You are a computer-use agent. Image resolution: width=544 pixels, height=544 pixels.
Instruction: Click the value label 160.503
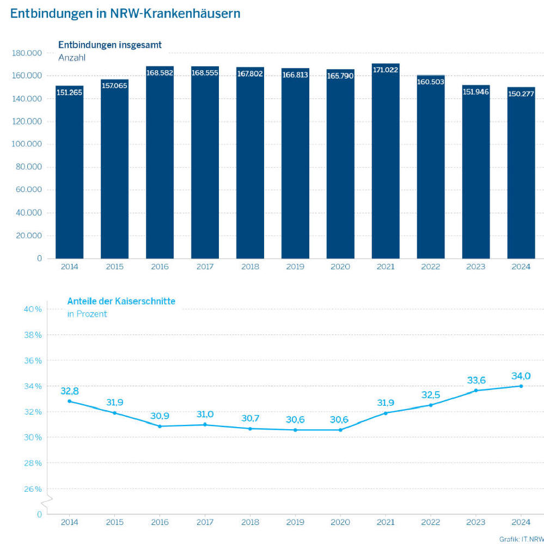click(431, 82)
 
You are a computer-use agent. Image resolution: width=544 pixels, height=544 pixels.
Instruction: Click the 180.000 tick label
click(27, 53)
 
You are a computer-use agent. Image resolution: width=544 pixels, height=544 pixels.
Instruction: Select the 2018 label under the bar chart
click(250, 267)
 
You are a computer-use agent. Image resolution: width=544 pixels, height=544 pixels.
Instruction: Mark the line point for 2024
click(521, 386)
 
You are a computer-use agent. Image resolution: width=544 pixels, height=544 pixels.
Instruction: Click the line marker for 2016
click(160, 426)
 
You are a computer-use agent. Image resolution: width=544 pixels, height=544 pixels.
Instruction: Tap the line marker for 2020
click(340, 430)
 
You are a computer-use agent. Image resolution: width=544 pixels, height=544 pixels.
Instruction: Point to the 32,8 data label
click(69, 391)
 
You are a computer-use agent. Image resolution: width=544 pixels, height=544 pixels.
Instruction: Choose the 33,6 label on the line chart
click(476, 380)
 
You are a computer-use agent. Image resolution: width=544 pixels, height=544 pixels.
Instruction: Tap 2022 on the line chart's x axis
click(431, 523)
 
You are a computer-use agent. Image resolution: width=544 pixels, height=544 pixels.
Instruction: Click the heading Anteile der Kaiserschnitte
click(121, 301)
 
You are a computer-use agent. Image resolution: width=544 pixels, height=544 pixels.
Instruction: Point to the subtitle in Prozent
click(87, 314)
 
